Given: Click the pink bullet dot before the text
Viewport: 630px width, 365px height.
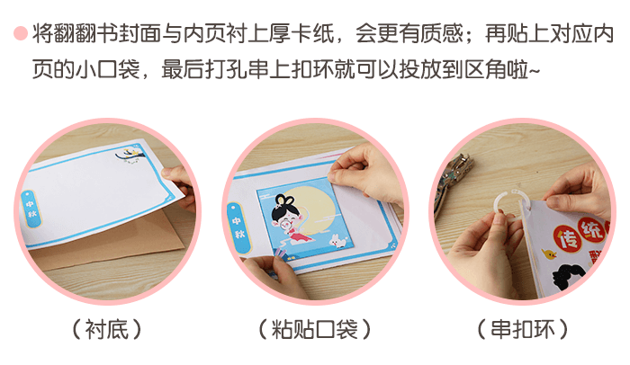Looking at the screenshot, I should (x=20, y=35).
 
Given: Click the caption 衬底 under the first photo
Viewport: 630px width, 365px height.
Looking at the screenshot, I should (x=107, y=329).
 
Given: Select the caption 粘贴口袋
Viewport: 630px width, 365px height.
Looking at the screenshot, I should (x=314, y=329).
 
